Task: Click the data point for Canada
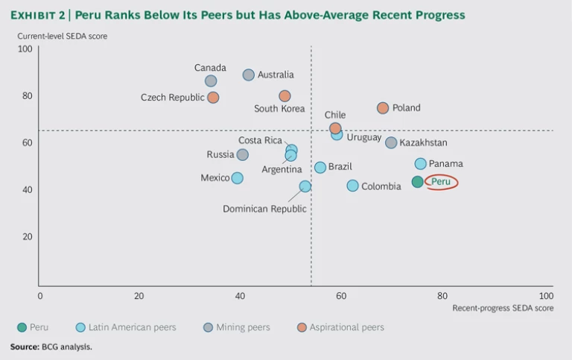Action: (x=211, y=81)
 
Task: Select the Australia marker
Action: (x=249, y=75)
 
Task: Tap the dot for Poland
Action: (x=383, y=108)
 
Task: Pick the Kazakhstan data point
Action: (x=391, y=142)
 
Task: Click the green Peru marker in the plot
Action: (x=417, y=181)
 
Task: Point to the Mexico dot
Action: (x=237, y=178)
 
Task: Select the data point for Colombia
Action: (x=352, y=186)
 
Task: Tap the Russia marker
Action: (x=242, y=155)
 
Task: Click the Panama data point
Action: (x=420, y=164)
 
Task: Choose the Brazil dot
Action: (x=320, y=168)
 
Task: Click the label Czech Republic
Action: (x=172, y=98)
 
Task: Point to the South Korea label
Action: (x=279, y=109)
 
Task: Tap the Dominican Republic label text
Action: (x=264, y=209)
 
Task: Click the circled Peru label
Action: (x=441, y=182)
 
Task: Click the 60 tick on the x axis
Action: (x=341, y=295)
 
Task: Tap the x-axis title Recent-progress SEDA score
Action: (x=503, y=308)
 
